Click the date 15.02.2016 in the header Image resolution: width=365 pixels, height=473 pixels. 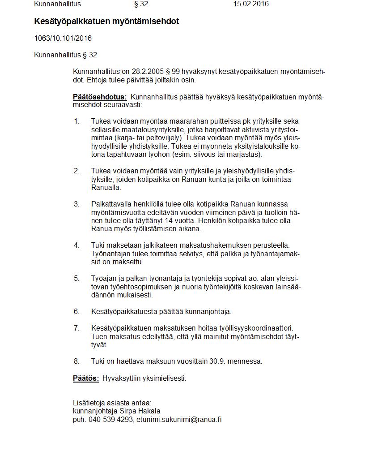(x=251, y=4)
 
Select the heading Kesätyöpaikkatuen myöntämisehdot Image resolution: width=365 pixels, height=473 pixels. (x=106, y=21)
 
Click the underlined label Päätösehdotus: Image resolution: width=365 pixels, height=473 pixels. (x=100, y=97)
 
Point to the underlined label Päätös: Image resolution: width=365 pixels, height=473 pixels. (x=86, y=378)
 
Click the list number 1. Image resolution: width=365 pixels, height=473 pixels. (x=76, y=121)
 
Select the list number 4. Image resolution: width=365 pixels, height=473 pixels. (x=76, y=245)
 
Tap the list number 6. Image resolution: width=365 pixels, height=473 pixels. (x=76, y=312)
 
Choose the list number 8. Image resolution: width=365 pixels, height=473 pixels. (x=76, y=361)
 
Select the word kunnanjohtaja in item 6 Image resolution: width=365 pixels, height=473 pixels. (x=210, y=312)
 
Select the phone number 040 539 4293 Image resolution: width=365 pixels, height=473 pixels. (x=111, y=420)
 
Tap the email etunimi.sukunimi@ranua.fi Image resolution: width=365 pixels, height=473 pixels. (x=179, y=420)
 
